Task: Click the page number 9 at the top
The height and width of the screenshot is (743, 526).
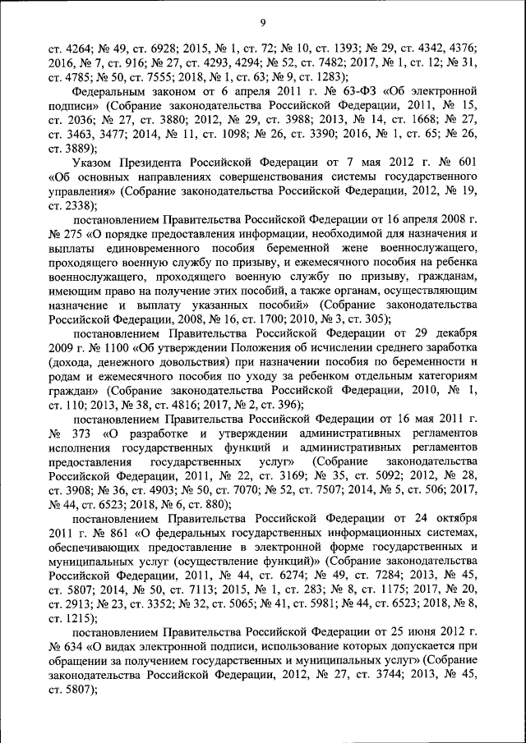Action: (262, 22)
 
